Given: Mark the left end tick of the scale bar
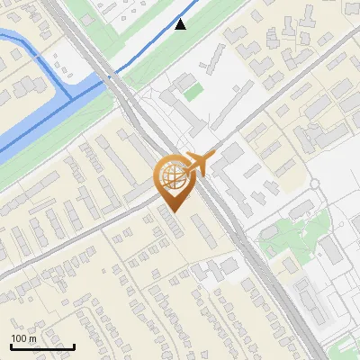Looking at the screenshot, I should click(x=11, y=345).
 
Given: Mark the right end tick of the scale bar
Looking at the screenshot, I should click(x=74, y=345).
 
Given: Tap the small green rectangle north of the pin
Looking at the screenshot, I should click(x=192, y=91).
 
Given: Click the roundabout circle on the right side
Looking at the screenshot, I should click(x=316, y=184).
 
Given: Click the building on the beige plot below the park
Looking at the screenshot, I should click(x=291, y=266).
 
